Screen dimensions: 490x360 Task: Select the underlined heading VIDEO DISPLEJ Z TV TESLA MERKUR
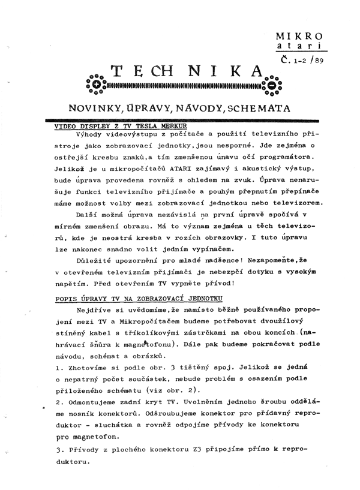point(117,126)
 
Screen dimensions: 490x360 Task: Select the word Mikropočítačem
point(145,323)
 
